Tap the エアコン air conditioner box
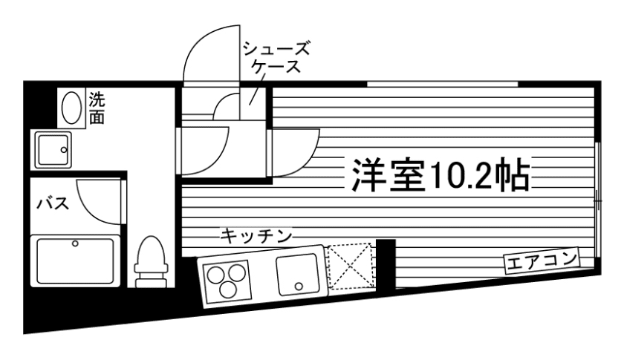pyautogui.click(x=541, y=261)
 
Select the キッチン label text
pyautogui.click(x=255, y=237)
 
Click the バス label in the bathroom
pyautogui.click(x=53, y=203)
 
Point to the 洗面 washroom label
pyautogui.click(x=97, y=108)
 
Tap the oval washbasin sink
pyautogui.click(x=72, y=108)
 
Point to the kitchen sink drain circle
pyautogui.click(x=299, y=285)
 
